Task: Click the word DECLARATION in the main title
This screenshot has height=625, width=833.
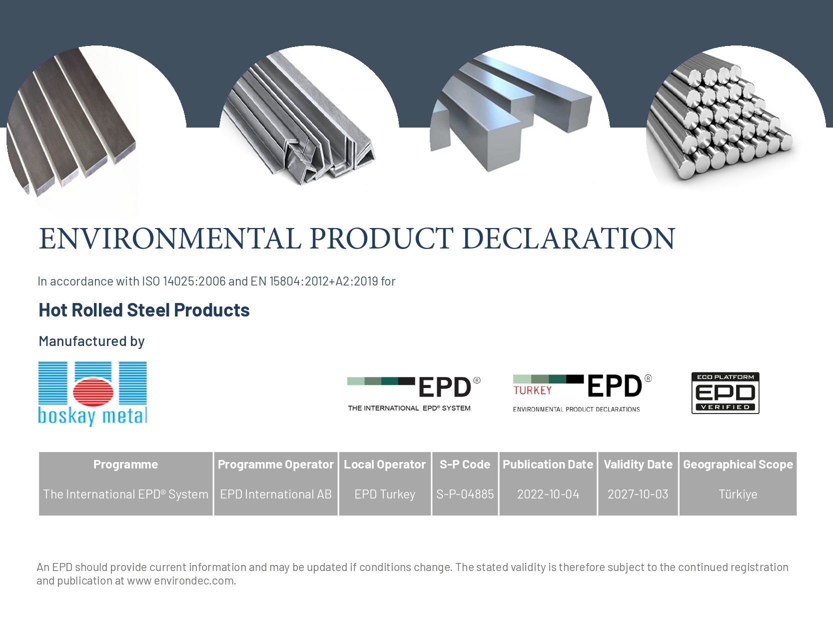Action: (569, 239)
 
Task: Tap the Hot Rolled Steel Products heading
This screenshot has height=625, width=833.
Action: (144, 310)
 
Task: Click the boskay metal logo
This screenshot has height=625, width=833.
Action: (92, 394)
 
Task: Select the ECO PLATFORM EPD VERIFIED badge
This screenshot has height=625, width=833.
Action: (725, 392)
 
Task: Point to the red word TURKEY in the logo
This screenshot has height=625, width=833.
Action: (533, 390)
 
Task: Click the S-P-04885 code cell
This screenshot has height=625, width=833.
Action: (465, 494)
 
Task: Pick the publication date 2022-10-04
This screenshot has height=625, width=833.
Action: (548, 494)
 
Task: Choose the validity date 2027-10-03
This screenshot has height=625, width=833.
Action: (638, 494)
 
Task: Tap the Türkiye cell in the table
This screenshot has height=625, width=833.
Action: (738, 494)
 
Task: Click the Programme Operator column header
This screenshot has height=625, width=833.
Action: (275, 464)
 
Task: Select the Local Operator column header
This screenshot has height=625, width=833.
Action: (385, 464)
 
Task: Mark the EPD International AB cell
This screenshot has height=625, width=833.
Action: (276, 494)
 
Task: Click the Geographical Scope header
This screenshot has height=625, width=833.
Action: (738, 464)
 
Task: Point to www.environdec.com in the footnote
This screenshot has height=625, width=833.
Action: (181, 580)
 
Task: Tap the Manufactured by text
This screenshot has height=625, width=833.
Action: (91, 341)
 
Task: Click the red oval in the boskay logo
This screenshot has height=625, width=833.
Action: (92, 391)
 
